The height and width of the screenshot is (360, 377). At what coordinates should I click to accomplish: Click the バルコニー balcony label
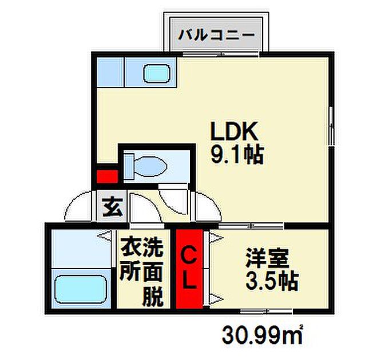[216, 34]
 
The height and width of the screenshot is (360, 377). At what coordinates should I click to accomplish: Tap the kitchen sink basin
[156, 74]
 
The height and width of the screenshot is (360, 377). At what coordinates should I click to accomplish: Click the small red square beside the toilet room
[106, 175]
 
